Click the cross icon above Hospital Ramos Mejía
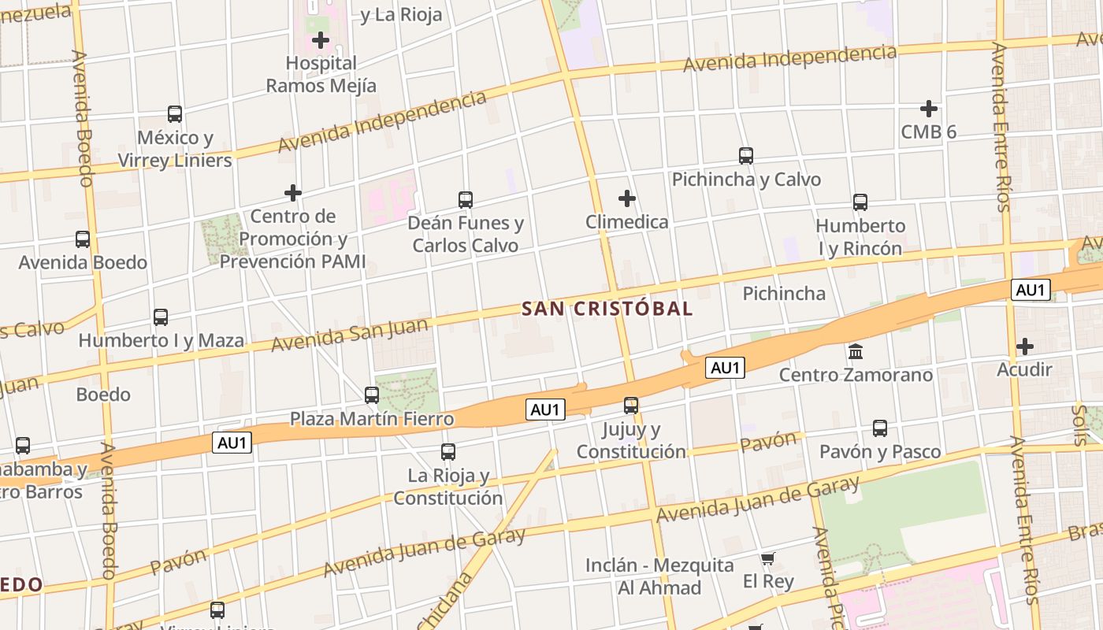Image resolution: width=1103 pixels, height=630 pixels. [x=321, y=39]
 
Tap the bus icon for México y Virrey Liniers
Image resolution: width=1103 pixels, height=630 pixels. [x=175, y=114]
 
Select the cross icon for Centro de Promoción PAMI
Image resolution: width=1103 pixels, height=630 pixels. [x=293, y=192]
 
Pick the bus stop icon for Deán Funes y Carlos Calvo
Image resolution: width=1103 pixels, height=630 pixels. [x=466, y=200]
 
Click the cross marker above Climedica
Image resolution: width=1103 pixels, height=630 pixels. [x=627, y=198]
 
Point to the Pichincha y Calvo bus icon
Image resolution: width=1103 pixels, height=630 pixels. [x=746, y=156]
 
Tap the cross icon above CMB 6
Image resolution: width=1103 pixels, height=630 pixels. [x=929, y=108]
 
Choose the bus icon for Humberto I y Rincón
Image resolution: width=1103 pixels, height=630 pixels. [x=860, y=202]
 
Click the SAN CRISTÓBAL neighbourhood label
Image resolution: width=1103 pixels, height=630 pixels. [x=607, y=309]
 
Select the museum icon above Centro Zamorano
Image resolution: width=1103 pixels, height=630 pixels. [x=856, y=351]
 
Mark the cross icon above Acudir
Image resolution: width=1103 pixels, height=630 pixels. [x=1025, y=346]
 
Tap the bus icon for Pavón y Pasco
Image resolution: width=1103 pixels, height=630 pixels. [x=880, y=428]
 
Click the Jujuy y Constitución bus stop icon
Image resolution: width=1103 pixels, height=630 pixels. [x=631, y=406]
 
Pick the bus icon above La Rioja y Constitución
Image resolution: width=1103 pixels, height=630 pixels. [x=448, y=452]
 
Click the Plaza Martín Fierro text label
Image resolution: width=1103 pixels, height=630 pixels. [x=372, y=418]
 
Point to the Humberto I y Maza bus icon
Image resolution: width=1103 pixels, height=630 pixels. [x=161, y=317]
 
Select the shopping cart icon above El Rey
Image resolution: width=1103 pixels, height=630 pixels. [x=768, y=559]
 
